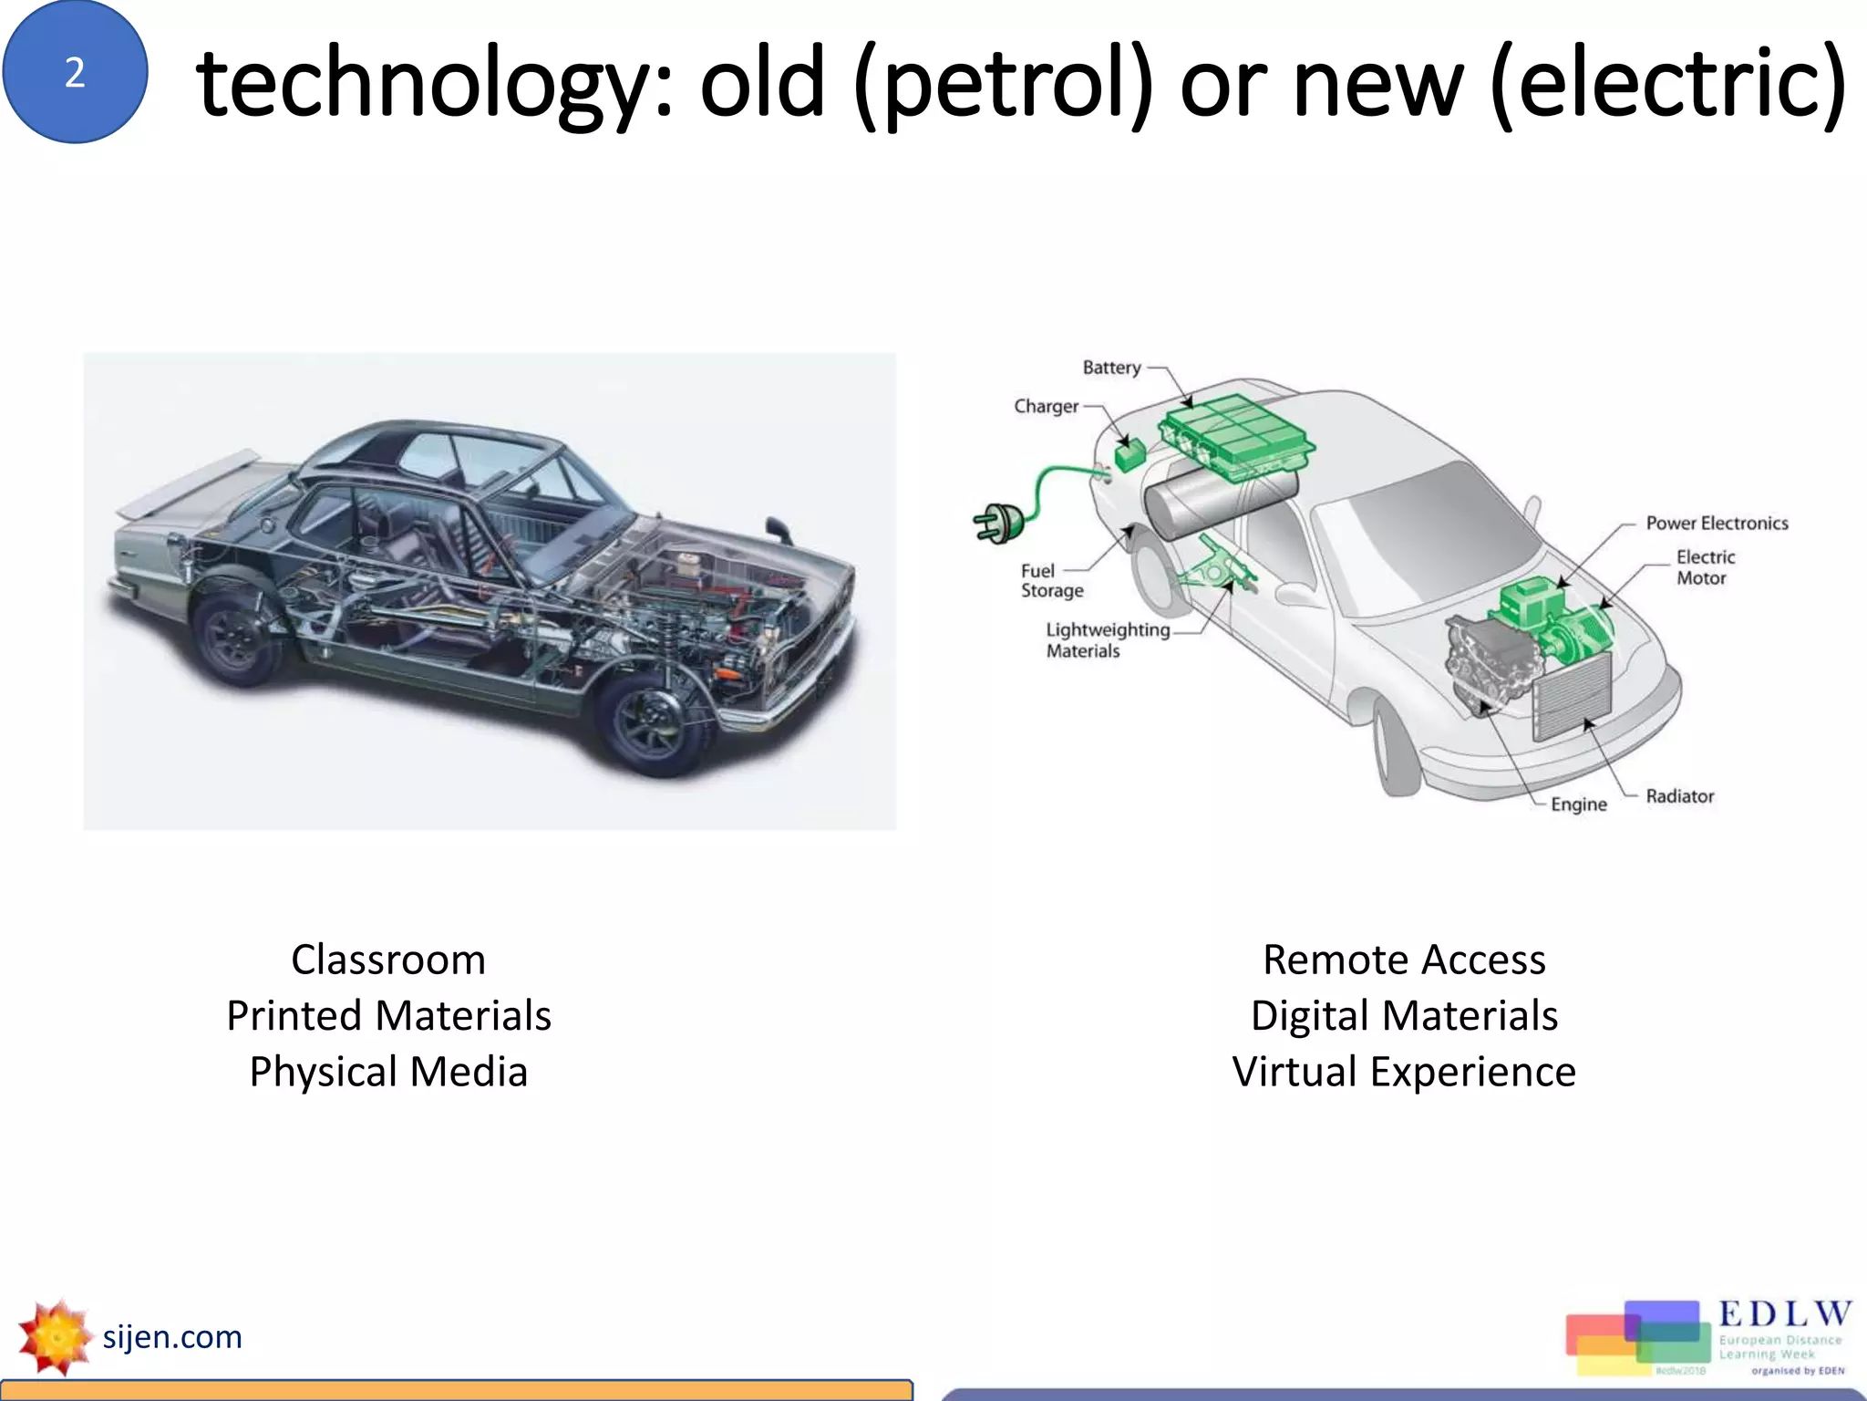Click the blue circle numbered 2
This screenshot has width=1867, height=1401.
point(75,72)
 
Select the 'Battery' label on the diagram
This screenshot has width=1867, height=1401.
point(1111,368)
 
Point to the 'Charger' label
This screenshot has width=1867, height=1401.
point(1046,407)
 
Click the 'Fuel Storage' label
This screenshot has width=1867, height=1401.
point(1051,581)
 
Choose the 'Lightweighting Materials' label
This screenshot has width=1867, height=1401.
point(1106,640)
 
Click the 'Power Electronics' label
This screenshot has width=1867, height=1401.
point(1717,524)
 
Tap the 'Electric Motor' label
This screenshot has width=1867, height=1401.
point(1705,567)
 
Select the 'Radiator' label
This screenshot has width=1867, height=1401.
point(1679,796)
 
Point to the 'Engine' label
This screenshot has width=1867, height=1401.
point(1579,804)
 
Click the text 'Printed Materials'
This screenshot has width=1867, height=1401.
point(388,1016)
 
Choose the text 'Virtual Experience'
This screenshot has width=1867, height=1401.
point(1404,1072)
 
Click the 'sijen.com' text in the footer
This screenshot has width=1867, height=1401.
point(172,1337)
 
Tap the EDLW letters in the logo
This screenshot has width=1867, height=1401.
point(1785,1314)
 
